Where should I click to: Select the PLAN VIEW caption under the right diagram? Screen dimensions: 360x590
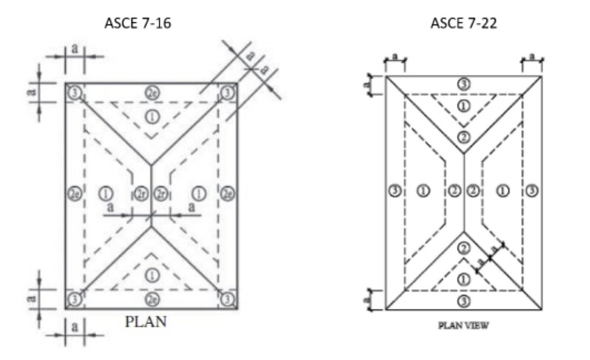pos(464,324)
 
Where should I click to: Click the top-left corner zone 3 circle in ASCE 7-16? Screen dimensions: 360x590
pos(75,93)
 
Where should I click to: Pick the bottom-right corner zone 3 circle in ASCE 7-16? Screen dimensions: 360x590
pos(228,299)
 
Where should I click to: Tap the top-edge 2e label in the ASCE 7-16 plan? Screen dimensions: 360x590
pos(152,93)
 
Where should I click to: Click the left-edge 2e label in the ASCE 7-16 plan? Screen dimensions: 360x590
pos(75,194)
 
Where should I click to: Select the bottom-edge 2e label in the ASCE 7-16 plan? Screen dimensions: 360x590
pos(152,299)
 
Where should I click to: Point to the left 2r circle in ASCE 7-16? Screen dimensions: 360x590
pos(141,194)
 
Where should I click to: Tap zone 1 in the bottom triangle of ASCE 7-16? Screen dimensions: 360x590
pos(152,274)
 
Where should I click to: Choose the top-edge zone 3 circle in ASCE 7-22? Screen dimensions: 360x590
pos(464,84)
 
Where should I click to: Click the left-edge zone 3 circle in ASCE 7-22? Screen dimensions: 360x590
pos(396,191)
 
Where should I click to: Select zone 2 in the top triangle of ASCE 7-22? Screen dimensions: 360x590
pos(464,137)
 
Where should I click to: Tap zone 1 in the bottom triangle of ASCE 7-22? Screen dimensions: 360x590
pos(464,279)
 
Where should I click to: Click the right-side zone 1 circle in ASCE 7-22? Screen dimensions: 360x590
pos(503,191)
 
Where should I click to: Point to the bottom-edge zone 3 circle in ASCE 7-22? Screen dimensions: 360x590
pos(464,302)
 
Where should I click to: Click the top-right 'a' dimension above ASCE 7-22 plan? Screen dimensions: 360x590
pos(533,56)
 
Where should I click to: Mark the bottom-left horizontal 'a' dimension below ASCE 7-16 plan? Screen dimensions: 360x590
pos(75,326)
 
